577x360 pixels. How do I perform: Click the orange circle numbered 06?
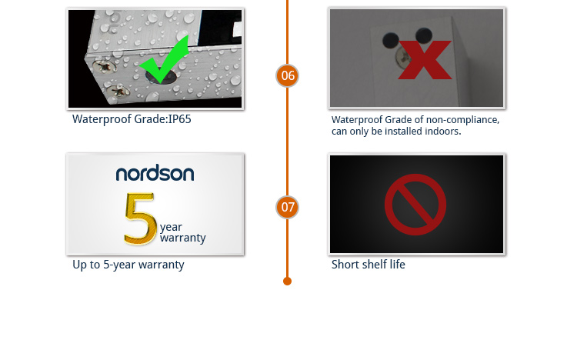[288, 75]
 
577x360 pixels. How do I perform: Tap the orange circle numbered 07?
[288, 207]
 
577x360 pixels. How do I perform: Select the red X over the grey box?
[425, 60]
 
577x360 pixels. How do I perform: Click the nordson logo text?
[155, 173]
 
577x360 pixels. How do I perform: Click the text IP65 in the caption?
[179, 119]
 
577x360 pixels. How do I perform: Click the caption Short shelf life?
[368, 265]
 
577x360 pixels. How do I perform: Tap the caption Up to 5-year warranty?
[128, 265]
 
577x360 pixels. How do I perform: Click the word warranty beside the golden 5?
[183, 238]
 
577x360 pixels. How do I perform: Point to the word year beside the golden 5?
[171, 227]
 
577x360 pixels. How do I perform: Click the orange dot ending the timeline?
[288, 282]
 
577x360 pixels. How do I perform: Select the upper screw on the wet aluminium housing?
[104, 67]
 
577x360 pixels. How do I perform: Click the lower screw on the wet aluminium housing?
[118, 90]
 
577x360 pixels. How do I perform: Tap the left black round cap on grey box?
[390, 40]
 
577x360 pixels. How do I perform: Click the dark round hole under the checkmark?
[162, 76]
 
